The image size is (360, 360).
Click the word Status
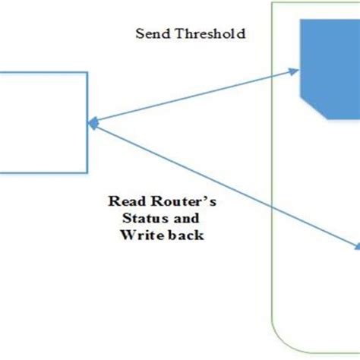pos(137,219)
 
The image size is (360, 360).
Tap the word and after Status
pos(172,219)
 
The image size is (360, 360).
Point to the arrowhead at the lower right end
pos(356,246)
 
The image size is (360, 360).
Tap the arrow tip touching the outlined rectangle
pos(91,122)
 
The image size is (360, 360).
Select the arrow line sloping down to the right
pos(228,186)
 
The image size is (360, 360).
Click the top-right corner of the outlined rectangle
pos(87,73)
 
